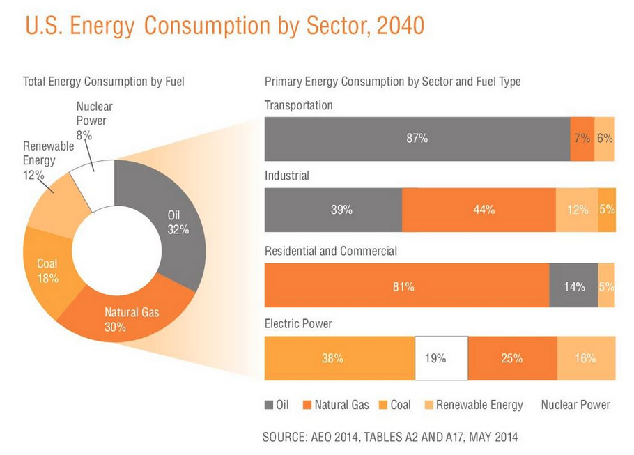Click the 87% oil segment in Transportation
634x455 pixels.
(417, 139)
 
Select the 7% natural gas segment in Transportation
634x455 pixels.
(582, 139)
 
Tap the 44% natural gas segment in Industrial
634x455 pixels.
(479, 210)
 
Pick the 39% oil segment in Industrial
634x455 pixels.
(333, 210)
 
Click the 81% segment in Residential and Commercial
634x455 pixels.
(406, 286)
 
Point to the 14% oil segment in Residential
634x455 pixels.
(573, 286)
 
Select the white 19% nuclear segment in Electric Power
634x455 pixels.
(441, 358)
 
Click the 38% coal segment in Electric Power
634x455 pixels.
(339, 358)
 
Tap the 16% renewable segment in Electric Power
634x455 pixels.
(586, 358)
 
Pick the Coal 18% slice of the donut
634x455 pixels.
(47, 270)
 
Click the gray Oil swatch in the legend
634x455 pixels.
(269, 405)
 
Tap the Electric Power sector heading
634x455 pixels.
(298, 323)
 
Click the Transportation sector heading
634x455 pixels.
(298, 105)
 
